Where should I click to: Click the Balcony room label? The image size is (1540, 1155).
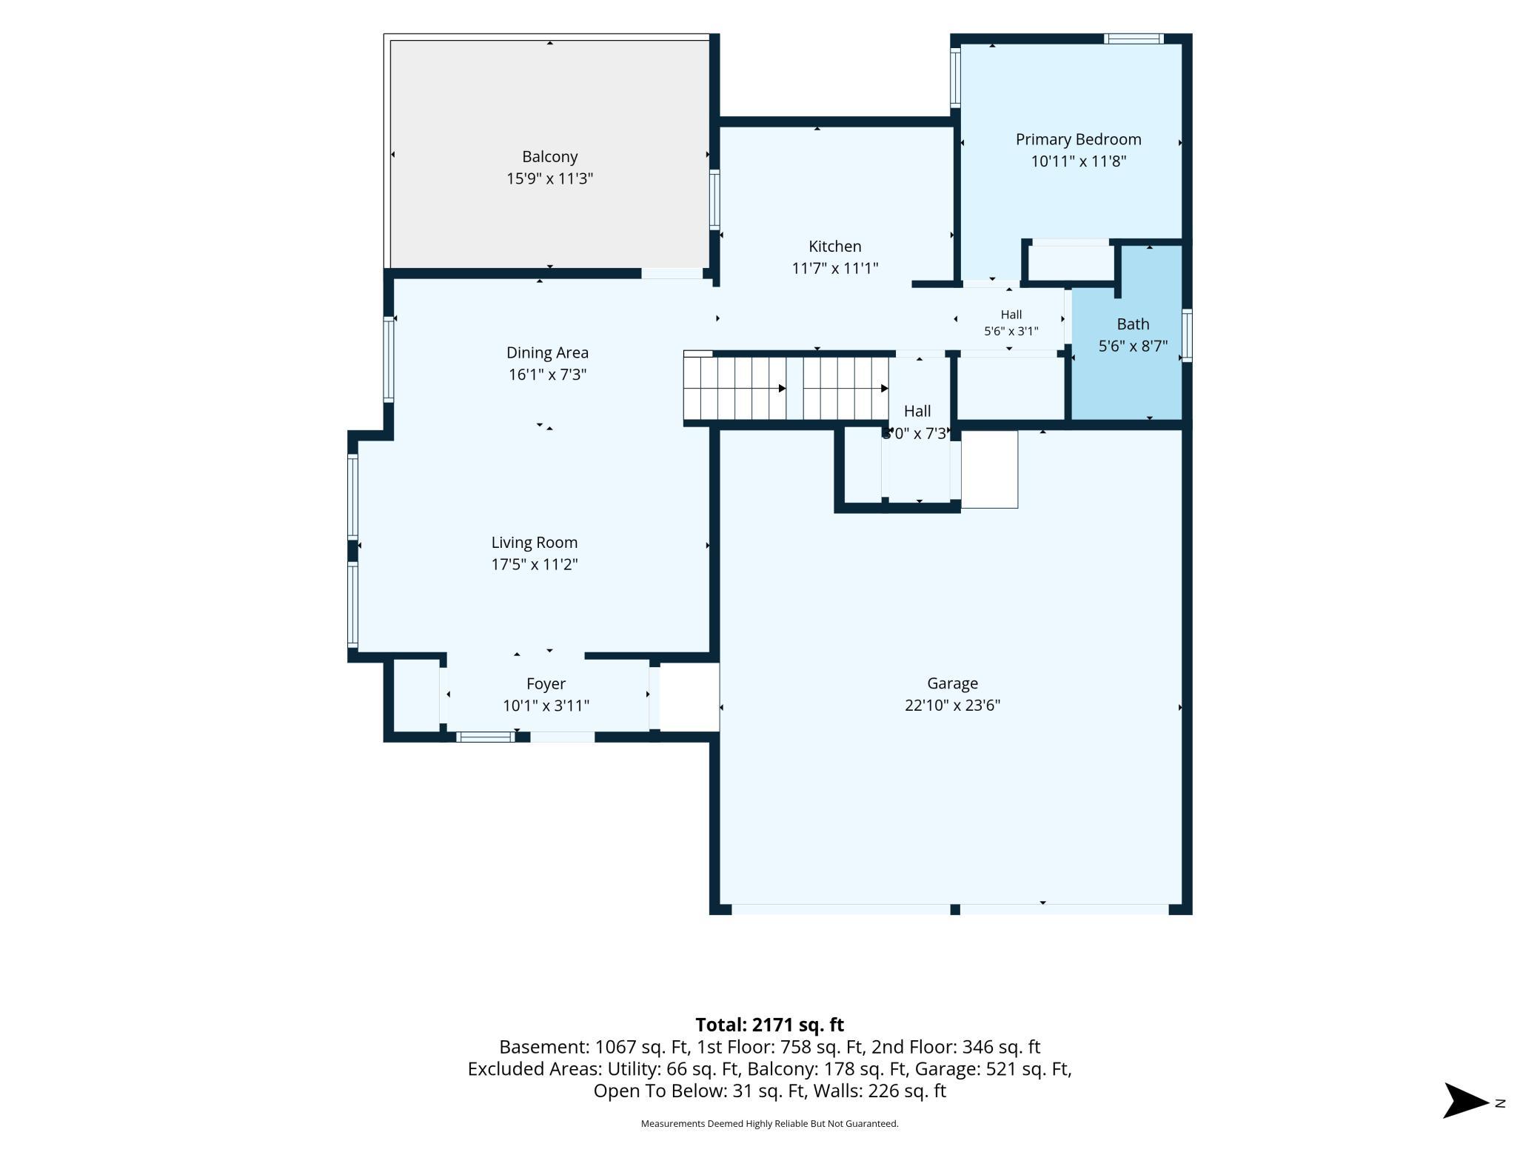(x=549, y=157)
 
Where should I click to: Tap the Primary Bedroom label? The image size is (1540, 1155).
(x=1078, y=139)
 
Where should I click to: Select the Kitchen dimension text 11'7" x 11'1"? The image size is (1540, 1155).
(x=835, y=268)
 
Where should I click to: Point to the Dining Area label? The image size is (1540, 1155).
(x=547, y=352)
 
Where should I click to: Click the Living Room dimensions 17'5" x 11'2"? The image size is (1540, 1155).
(x=535, y=564)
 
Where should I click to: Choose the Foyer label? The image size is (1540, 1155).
(x=546, y=683)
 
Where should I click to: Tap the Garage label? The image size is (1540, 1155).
(x=952, y=683)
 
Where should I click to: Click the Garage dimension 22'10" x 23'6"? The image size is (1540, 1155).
(x=952, y=705)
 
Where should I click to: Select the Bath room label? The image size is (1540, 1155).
(x=1133, y=324)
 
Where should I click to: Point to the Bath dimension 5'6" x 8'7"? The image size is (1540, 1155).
(x=1133, y=346)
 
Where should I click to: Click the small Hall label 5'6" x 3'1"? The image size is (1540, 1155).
(x=1011, y=323)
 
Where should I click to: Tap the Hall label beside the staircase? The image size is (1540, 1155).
(x=917, y=411)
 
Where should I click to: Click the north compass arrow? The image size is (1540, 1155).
(x=1466, y=1100)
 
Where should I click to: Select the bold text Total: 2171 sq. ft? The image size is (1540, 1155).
(x=769, y=1025)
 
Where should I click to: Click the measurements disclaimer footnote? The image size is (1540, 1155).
(x=769, y=1124)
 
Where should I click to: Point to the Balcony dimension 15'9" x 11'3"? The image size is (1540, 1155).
(x=549, y=178)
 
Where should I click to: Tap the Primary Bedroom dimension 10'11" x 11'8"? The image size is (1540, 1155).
(x=1078, y=161)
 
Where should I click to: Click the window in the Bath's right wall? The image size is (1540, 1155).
(x=1187, y=335)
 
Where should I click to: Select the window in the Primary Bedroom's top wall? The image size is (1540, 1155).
(x=1134, y=38)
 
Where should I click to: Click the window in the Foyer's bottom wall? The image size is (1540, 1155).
(x=485, y=737)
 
